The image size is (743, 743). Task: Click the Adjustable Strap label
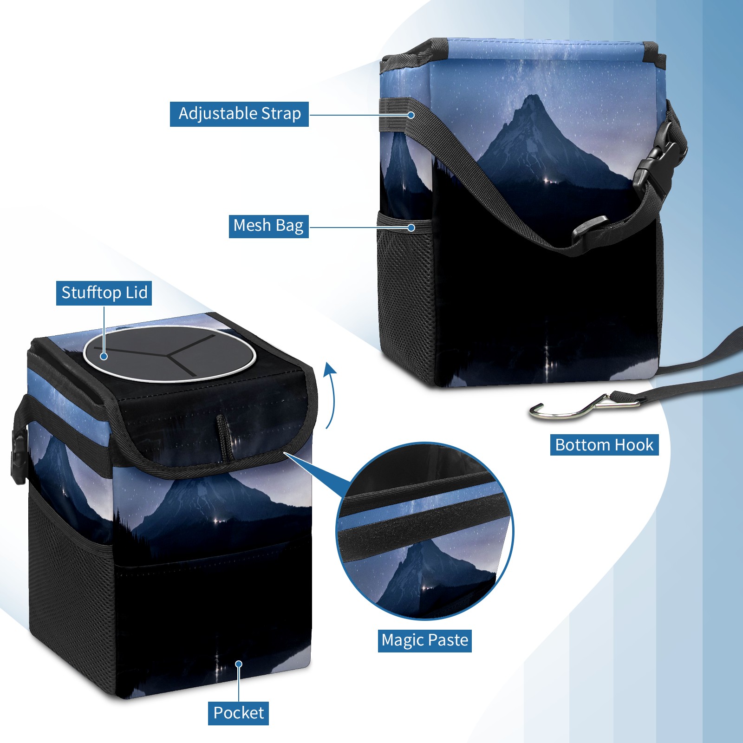click(x=239, y=114)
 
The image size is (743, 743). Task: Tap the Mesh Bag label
click(x=268, y=226)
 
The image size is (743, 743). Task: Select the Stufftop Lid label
click(x=104, y=293)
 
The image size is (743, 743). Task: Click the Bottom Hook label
click(x=604, y=445)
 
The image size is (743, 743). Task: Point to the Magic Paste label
click(x=424, y=640)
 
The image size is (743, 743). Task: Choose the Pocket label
click(x=238, y=713)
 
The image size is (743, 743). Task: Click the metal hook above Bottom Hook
click(x=584, y=407)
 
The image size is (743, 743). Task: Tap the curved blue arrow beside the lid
click(x=331, y=395)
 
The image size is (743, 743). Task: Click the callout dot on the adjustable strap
click(x=411, y=115)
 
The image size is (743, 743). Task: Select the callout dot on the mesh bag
click(x=411, y=228)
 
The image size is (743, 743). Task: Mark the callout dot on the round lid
click(x=104, y=356)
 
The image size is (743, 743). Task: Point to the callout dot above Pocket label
click(x=239, y=664)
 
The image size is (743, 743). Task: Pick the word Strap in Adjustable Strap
click(x=281, y=114)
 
